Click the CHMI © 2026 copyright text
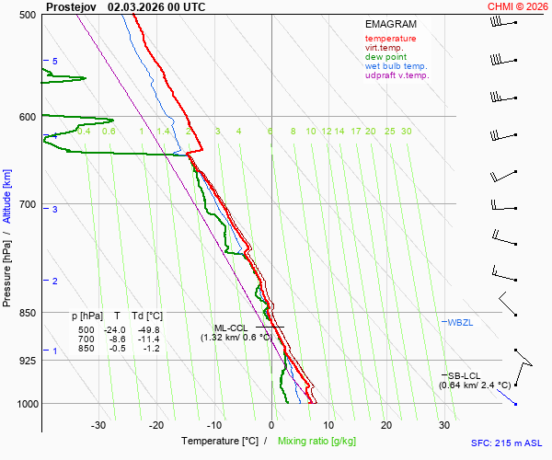(x=518, y=6)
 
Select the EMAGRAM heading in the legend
(x=390, y=24)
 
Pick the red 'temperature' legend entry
(x=390, y=39)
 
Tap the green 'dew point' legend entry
(x=385, y=57)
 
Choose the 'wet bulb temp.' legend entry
(x=396, y=66)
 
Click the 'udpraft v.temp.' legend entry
(x=397, y=75)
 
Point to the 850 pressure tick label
(x=28, y=313)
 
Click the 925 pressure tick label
(x=28, y=361)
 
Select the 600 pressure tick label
(x=28, y=117)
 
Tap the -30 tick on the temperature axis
(x=98, y=425)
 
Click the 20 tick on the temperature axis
(x=385, y=425)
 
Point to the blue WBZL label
(x=460, y=322)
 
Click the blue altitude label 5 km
(x=54, y=61)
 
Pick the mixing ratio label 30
(x=406, y=132)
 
